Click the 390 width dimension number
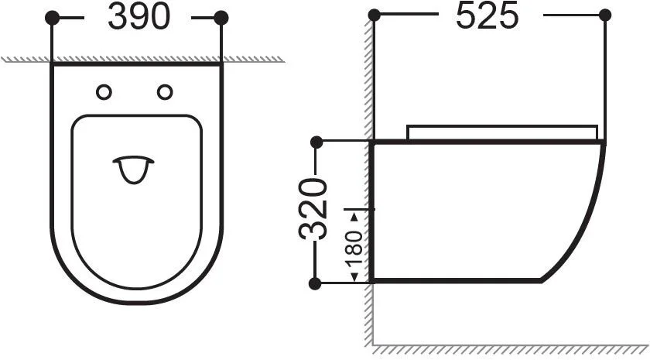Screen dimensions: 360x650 [x=139, y=17]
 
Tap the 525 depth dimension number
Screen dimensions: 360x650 [x=487, y=16]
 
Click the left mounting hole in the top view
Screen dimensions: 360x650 [x=104, y=92]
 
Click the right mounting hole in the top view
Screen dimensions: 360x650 [x=165, y=92]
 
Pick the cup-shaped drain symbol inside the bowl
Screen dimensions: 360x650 [x=135, y=169]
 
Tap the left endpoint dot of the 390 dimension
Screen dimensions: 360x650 [x=53, y=17]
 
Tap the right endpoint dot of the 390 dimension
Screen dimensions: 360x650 [x=221, y=17]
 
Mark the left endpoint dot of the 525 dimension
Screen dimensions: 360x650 [x=375, y=15]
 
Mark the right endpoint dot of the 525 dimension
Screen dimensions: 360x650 [x=605, y=15]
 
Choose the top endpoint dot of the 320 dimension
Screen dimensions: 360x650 [x=316, y=142]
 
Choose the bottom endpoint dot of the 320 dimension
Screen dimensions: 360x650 [x=316, y=283]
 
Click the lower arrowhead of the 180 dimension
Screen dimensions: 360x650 [x=355, y=277]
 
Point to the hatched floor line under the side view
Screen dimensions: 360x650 [x=511, y=339]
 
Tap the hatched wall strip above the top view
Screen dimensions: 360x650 [x=139, y=59]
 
